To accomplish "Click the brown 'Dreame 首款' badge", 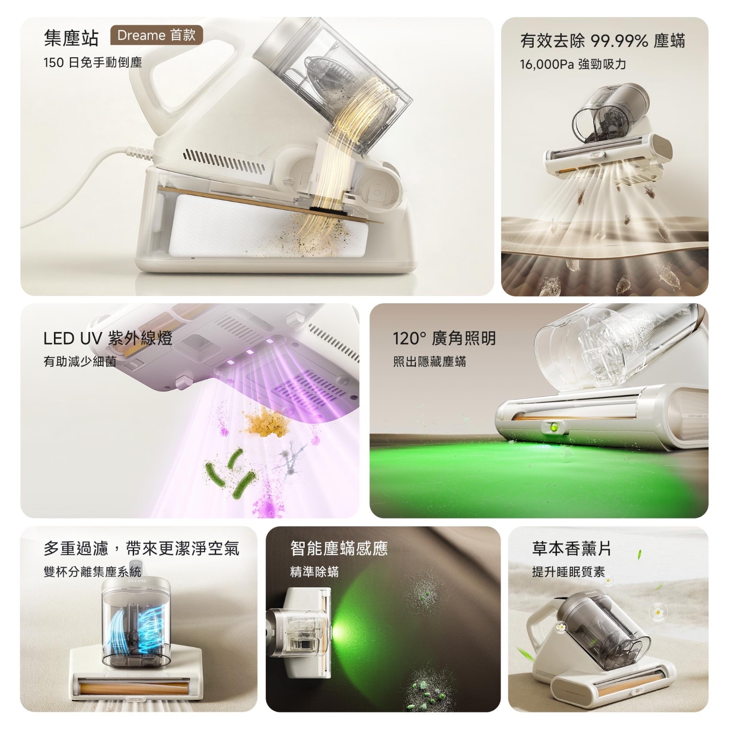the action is click(x=156, y=35).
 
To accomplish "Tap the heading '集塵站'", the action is click(x=71, y=38).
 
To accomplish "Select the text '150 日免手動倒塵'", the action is click(x=92, y=63).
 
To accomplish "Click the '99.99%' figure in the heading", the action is click(x=619, y=41).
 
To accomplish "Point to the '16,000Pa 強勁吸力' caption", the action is click(x=573, y=64).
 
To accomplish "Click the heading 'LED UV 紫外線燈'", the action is click(x=108, y=338).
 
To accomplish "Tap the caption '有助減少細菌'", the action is click(x=80, y=362).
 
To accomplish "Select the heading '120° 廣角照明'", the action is click(x=444, y=338).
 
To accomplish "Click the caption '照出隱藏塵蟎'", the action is click(x=430, y=362).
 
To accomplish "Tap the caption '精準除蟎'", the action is click(x=314, y=572).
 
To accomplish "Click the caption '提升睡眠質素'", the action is click(x=569, y=572).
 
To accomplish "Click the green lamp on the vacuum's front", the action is click(x=554, y=428).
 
